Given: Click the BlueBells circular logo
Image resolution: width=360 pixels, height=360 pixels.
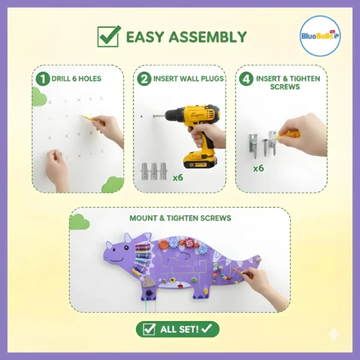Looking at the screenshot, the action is pos(320,36).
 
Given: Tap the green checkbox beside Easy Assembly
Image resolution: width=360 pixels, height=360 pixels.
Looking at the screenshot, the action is pos(109,36).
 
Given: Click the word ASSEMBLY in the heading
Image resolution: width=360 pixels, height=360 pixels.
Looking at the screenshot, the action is pos(208,37).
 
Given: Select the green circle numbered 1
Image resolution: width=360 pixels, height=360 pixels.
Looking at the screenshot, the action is pos(43,79).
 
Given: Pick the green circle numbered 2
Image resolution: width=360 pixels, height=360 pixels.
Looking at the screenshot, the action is pos(144,79).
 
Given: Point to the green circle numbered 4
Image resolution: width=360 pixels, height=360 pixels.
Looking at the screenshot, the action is pos(246,79).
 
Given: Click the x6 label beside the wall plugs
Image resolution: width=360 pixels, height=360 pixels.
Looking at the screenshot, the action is pos(178,178).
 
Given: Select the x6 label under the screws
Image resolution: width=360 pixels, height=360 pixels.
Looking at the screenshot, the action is pos(259,168).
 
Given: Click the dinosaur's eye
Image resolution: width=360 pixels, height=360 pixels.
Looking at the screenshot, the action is pos(126,247).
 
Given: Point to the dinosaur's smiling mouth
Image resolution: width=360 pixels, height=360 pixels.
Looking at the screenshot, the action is pos(118,260).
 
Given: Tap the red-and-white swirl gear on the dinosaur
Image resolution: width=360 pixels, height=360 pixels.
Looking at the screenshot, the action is pos(190,242).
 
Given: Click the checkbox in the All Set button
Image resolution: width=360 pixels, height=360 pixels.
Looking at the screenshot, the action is pos(149,329).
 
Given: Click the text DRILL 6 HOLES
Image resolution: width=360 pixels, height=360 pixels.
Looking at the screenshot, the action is pos(76,79).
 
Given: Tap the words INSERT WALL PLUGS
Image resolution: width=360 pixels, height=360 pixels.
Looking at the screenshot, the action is pos(188,79).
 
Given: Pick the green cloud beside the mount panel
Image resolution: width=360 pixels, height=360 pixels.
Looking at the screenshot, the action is pos(79,221).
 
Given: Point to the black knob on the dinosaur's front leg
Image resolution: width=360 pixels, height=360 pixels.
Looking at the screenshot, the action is pos(149,293).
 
